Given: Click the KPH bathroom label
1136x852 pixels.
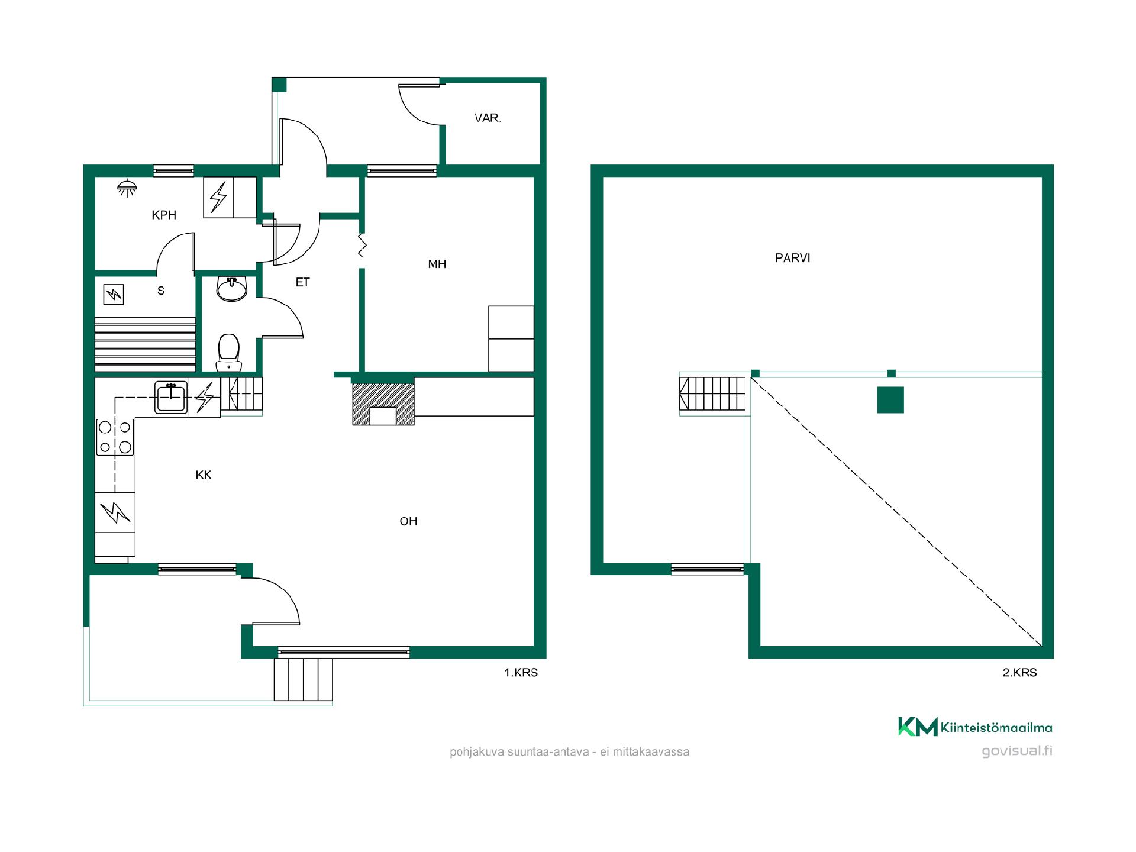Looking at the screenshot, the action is click(164, 215).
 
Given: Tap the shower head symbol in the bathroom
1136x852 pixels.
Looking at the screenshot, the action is click(127, 188).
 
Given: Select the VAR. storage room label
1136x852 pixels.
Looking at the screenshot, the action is click(488, 118).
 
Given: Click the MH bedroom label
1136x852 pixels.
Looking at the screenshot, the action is click(437, 264).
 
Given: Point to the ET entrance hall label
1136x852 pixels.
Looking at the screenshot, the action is click(302, 282).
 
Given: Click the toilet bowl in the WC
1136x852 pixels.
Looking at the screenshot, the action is click(228, 352).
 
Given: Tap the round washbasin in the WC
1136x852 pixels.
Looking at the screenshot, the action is click(232, 288).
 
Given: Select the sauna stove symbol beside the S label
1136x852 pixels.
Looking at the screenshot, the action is click(114, 294).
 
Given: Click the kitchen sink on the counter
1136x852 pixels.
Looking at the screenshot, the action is click(171, 396).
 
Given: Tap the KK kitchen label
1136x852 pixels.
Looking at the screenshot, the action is click(204, 475).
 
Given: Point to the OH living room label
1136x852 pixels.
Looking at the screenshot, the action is click(409, 521).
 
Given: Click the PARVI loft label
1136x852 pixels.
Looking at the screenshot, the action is click(793, 258).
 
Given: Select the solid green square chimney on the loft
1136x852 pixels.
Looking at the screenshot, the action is click(890, 400).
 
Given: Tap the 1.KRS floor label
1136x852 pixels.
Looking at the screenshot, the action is click(521, 673).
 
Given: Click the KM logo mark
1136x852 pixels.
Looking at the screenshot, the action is click(918, 727).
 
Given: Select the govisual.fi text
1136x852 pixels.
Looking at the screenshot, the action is click(1017, 751).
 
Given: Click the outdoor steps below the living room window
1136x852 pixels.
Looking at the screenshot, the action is click(303, 679).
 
